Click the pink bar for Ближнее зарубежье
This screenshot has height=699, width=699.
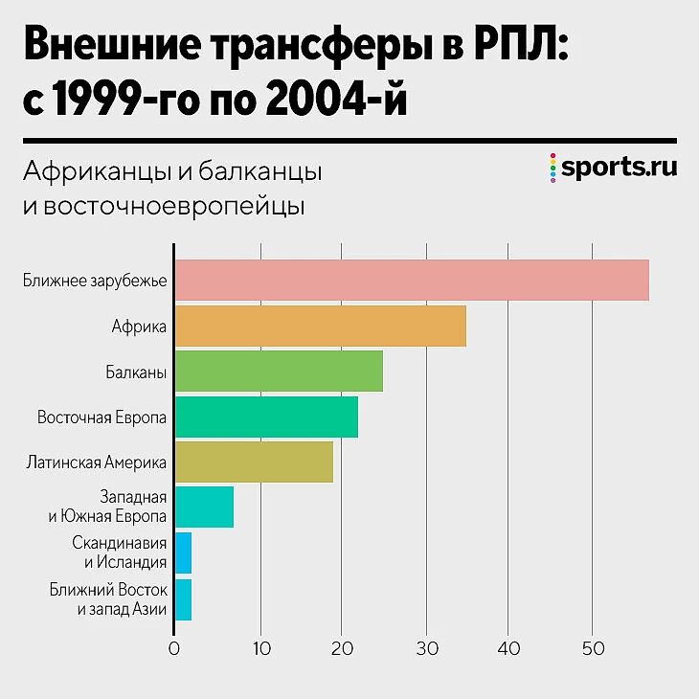412,280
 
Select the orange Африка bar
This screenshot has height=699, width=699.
320,326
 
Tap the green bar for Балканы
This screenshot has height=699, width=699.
279,371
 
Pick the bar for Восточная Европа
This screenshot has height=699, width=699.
266,417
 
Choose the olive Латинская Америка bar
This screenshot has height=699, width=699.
254,462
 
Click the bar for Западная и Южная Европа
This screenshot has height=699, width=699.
204,507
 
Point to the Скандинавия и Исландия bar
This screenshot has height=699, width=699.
183,552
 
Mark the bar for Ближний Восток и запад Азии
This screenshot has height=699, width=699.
183,599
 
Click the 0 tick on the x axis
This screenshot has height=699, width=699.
174,648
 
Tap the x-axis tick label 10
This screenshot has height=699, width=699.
260,648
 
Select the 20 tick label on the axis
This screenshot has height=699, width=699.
343,648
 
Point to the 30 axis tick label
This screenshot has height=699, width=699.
426,648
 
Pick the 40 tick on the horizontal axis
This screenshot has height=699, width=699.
509,648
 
